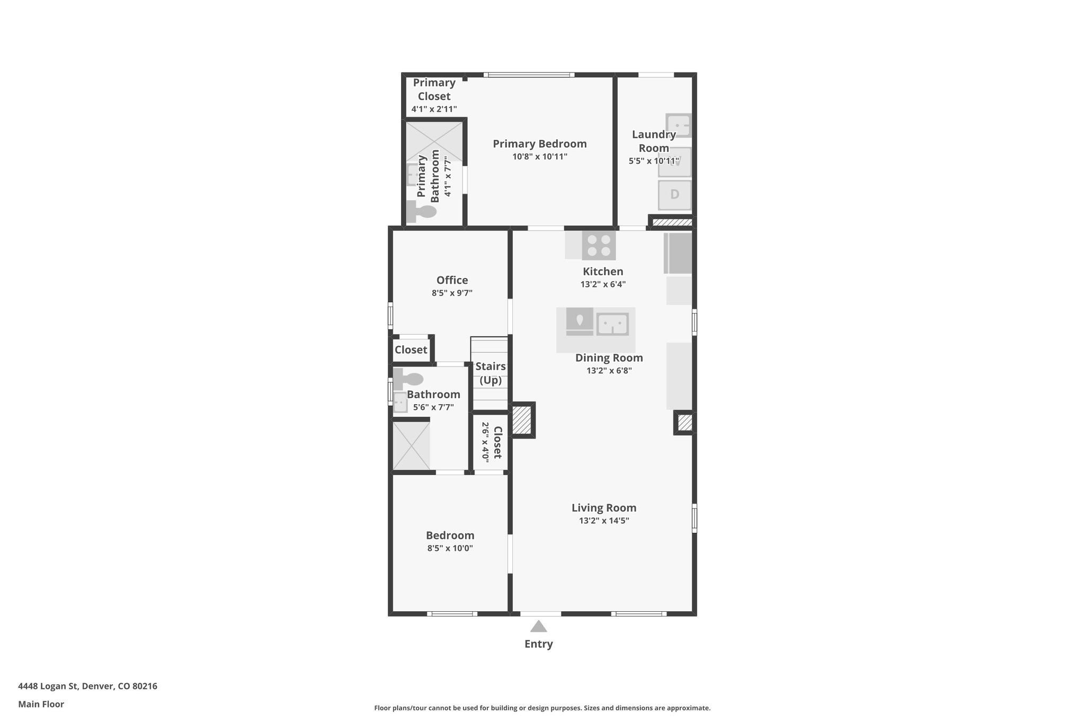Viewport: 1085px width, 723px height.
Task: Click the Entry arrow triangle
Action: [538, 626]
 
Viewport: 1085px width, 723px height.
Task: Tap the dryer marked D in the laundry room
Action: [674, 195]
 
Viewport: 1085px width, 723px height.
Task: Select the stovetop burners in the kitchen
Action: [599, 245]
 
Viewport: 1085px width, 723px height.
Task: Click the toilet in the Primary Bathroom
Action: [421, 212]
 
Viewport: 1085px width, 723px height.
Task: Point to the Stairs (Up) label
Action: [491, 373]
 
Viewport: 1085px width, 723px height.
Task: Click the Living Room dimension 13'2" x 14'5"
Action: [604, 521]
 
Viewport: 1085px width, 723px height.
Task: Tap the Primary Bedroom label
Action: [540, 144]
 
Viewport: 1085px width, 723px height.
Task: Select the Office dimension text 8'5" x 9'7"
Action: [452, 293]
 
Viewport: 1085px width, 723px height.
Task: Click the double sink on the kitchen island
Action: [612, 324]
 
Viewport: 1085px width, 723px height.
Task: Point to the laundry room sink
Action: [678, 126]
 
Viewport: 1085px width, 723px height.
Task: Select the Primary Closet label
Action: [434, 90]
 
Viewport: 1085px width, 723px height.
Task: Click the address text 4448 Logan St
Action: [48, 686]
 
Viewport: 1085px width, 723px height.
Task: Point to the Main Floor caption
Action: [41, 704]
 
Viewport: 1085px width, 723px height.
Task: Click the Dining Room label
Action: [609, 358]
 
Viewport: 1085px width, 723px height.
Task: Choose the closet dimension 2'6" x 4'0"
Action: [485, 441]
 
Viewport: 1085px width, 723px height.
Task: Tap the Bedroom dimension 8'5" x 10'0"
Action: [450, 548]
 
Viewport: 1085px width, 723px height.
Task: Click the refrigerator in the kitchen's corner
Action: [678, 253]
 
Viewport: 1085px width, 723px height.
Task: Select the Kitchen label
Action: [603, 272]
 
